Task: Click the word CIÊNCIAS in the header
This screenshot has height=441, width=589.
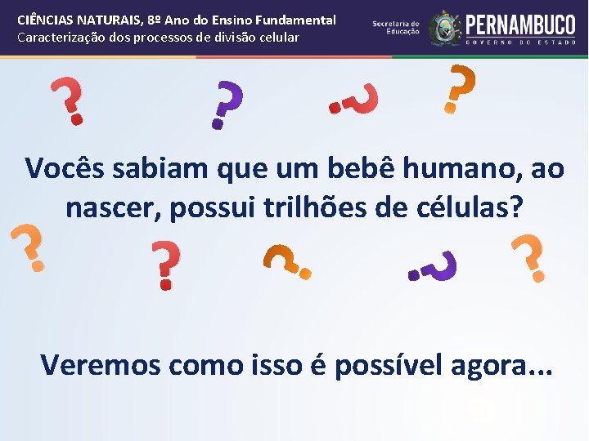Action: pos(46,20)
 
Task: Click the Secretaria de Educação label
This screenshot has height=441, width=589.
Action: pos(396,28)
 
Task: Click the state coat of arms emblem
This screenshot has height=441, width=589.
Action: pos(445,28)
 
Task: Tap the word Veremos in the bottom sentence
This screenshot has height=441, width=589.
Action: pos(100,364)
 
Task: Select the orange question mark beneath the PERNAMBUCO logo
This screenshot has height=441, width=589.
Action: pos(459,90)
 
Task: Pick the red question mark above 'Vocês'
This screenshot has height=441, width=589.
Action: pos(70,102)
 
